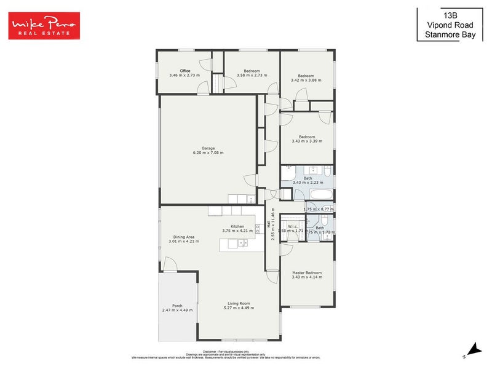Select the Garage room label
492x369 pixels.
point(208,148)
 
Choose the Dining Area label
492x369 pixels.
point(181,237)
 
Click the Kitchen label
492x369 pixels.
point(237,227)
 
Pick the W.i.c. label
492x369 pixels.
point(292,226)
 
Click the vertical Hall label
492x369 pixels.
point(268,225)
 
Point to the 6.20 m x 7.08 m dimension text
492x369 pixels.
point(208,153)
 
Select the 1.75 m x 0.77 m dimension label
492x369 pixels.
point(318,209)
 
